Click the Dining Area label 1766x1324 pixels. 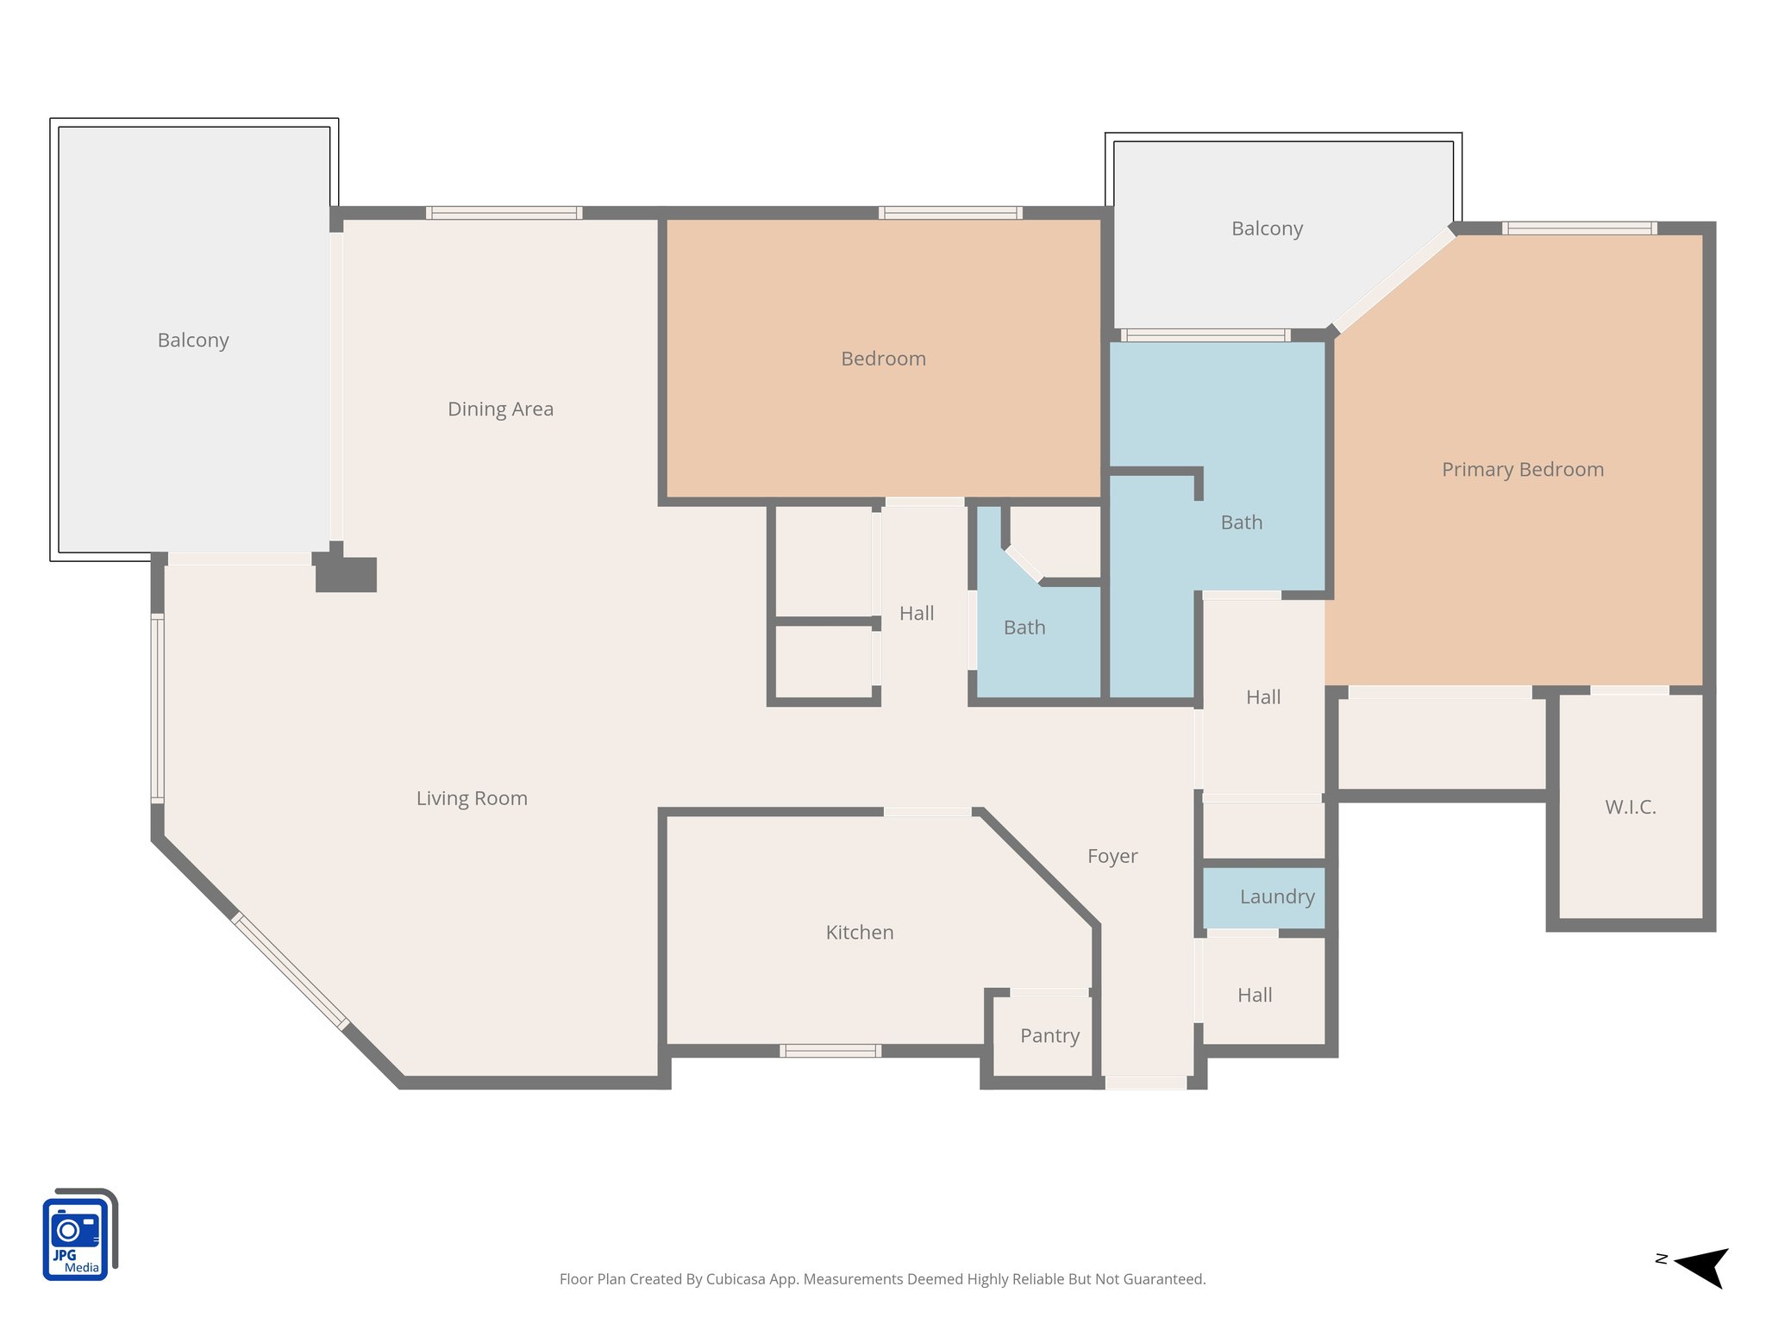500,409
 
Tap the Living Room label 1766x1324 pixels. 472,798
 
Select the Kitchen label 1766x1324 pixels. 859,933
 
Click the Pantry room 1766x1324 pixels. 1049,1035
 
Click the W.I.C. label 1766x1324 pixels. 1630,807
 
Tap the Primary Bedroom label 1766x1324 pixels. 1522,470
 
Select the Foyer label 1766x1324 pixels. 1112,856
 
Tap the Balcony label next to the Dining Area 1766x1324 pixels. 193,340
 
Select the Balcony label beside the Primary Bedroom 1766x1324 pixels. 1266,228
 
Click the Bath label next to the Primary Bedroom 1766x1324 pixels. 1241,522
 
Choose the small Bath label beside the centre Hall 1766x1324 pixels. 1024,628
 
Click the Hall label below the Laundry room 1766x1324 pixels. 1254,995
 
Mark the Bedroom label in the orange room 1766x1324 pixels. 883,359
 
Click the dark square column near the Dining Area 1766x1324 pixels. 346,574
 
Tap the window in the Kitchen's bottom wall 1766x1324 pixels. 830,1050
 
